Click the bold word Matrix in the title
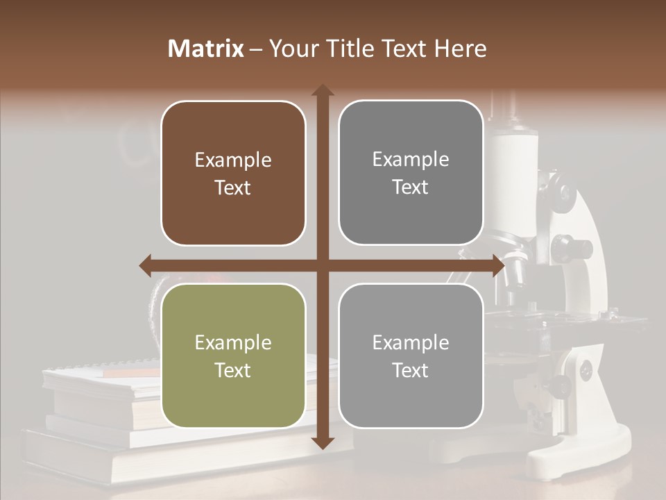(205, 49)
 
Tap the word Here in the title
(461, 49)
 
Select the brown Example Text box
(233, 174)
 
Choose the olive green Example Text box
(233, 356)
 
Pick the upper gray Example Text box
(411, 173)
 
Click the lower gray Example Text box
(411, 356)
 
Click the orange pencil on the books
(132, 373)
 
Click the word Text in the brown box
(232, 188)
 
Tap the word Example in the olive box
(232, 343)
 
